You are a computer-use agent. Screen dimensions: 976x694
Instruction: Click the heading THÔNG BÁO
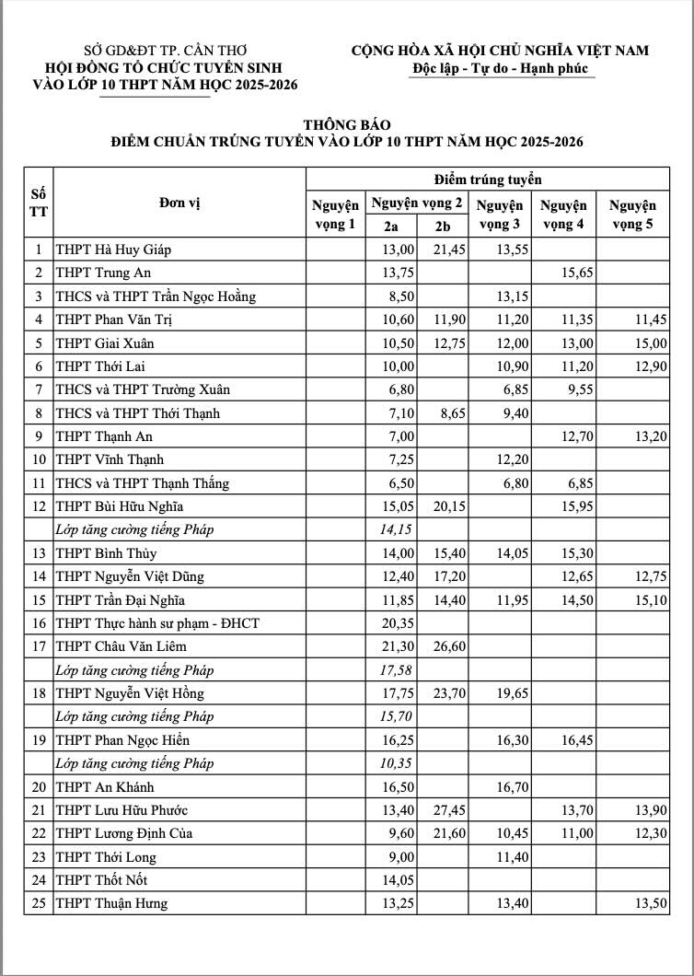pos(347,124)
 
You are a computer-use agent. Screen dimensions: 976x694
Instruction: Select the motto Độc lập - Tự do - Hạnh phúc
pos(503,69)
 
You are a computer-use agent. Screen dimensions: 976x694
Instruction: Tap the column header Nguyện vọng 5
pos(631,215)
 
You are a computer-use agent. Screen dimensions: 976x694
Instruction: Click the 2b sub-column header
pos(443,227)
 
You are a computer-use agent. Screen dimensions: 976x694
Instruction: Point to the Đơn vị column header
pos(179,203)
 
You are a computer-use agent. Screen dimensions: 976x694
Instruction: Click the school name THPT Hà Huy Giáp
pos(114,250)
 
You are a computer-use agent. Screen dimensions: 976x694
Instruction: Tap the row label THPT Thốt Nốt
pos(101,880)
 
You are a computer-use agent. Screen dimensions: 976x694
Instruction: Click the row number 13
pos(39,553)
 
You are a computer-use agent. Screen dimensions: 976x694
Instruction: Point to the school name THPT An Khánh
pos(105,787)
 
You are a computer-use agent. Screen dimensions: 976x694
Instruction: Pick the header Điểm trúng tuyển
pos(487,179)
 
